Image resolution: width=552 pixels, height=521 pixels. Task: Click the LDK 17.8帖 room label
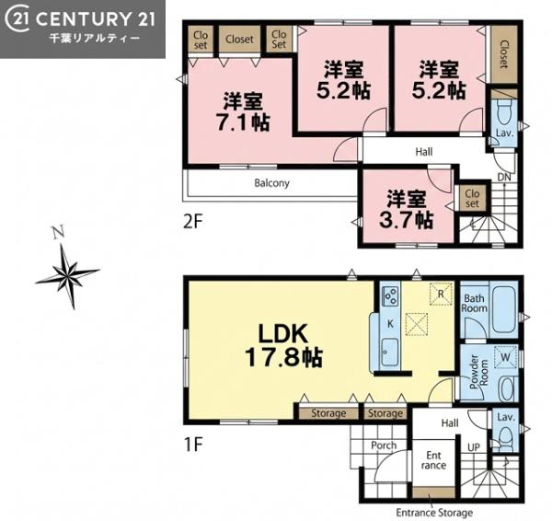(x=283, y=345)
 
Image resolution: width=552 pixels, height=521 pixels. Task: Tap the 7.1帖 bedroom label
(x=243, y=112)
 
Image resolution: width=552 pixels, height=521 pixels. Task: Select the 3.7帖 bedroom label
(x=407, y=210)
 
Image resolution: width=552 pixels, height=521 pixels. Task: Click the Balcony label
(x=271, y=183)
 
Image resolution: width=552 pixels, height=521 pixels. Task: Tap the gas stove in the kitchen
(x=391, y=295)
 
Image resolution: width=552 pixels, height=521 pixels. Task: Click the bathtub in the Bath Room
(x=504, y=310)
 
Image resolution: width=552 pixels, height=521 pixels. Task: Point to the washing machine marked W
(x=505, y=357)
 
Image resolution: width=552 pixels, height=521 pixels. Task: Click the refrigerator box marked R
(x=441, y=294)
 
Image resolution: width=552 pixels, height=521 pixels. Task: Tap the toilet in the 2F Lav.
(x=504, y=111)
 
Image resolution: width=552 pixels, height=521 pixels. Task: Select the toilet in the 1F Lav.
(x=505, y=438)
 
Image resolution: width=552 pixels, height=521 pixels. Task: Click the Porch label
(x=384, y=446)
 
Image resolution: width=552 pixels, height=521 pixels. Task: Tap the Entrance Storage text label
(x=434, y=513)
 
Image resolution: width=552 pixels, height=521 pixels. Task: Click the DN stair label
(x=504, y=177)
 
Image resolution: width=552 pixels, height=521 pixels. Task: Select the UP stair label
(x=474, y=447)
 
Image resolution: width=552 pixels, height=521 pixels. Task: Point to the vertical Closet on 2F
(x=504, y=54)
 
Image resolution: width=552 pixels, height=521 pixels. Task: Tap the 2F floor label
(x=193, y=222)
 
